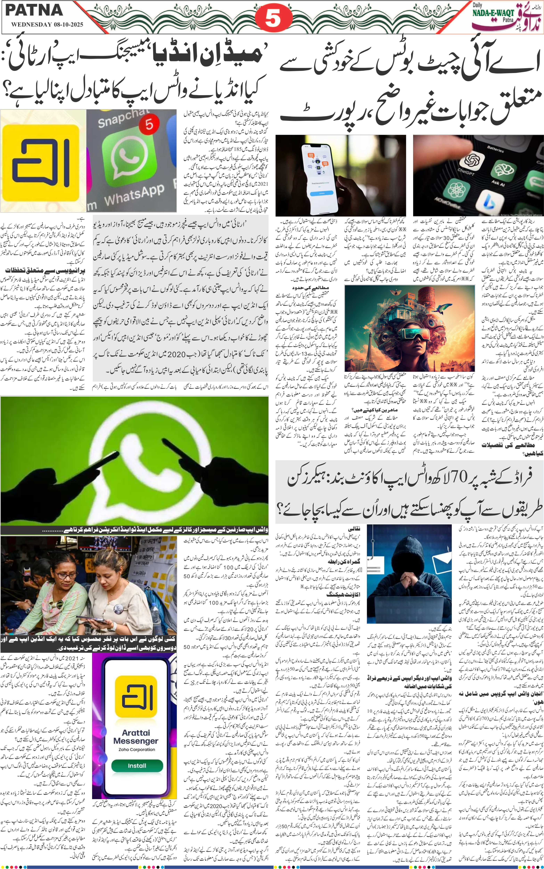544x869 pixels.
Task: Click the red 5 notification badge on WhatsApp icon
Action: tap(149, 124)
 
